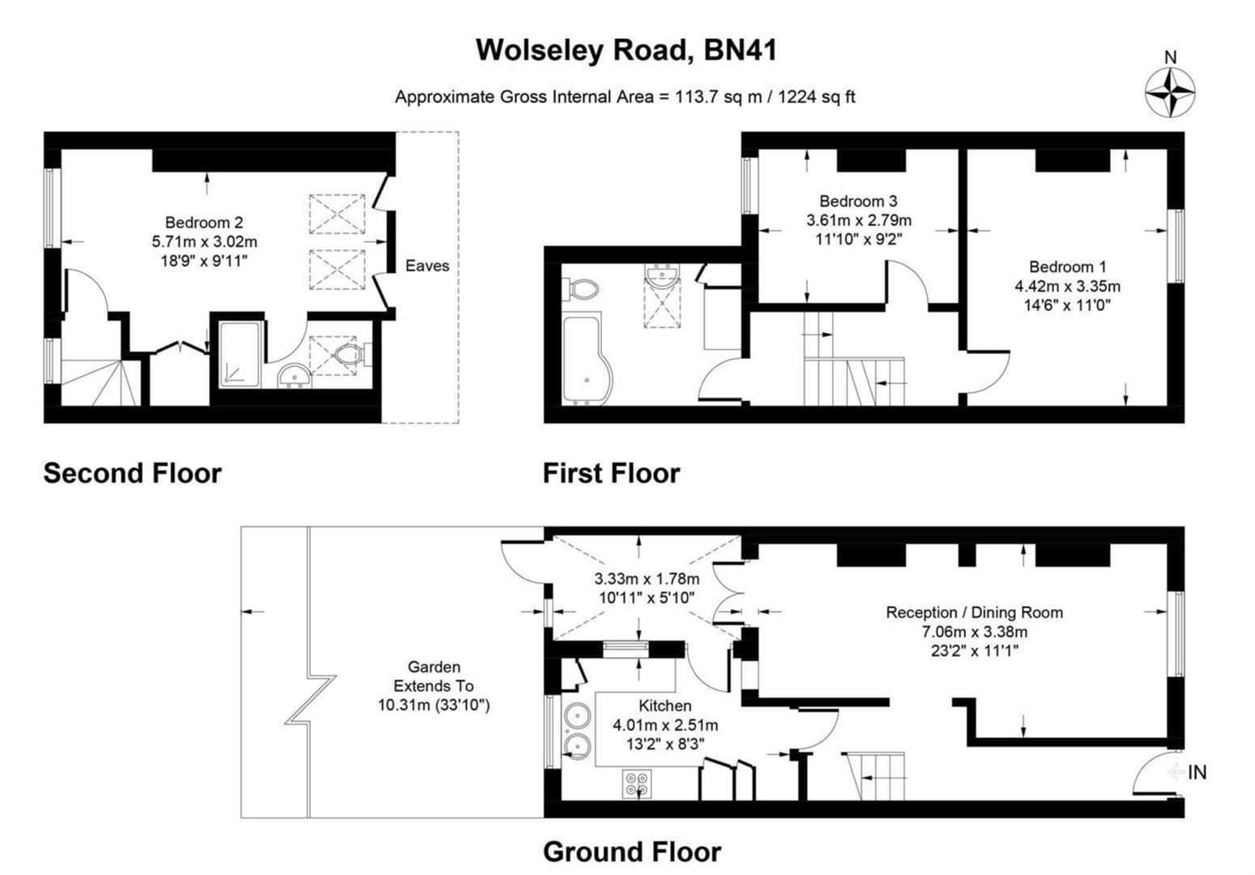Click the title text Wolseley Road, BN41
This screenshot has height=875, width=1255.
(625, 50)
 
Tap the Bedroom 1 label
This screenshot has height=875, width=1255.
(1067, 267)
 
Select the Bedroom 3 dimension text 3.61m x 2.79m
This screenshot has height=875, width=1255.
(858, 220)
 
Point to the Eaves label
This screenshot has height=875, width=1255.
(427, 266)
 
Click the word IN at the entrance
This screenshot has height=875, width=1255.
(1197, 772)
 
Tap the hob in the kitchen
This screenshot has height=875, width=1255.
(636, 783)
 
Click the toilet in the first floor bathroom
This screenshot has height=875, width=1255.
(583, 288)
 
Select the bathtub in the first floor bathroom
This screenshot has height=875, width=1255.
(587, 361)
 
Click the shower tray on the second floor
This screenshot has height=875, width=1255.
(238, 354)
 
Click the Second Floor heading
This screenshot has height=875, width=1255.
(132, 473)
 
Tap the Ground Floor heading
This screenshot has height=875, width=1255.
(631, 852)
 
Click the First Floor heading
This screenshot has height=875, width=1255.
(611, 473)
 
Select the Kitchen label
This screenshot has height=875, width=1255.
(664, 706)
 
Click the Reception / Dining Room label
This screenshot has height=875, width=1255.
(974, 612)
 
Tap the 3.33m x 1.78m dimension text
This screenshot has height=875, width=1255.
(646, 579)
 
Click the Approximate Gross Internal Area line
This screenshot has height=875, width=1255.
(625, 97)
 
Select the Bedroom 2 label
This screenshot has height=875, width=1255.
(203, 222)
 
